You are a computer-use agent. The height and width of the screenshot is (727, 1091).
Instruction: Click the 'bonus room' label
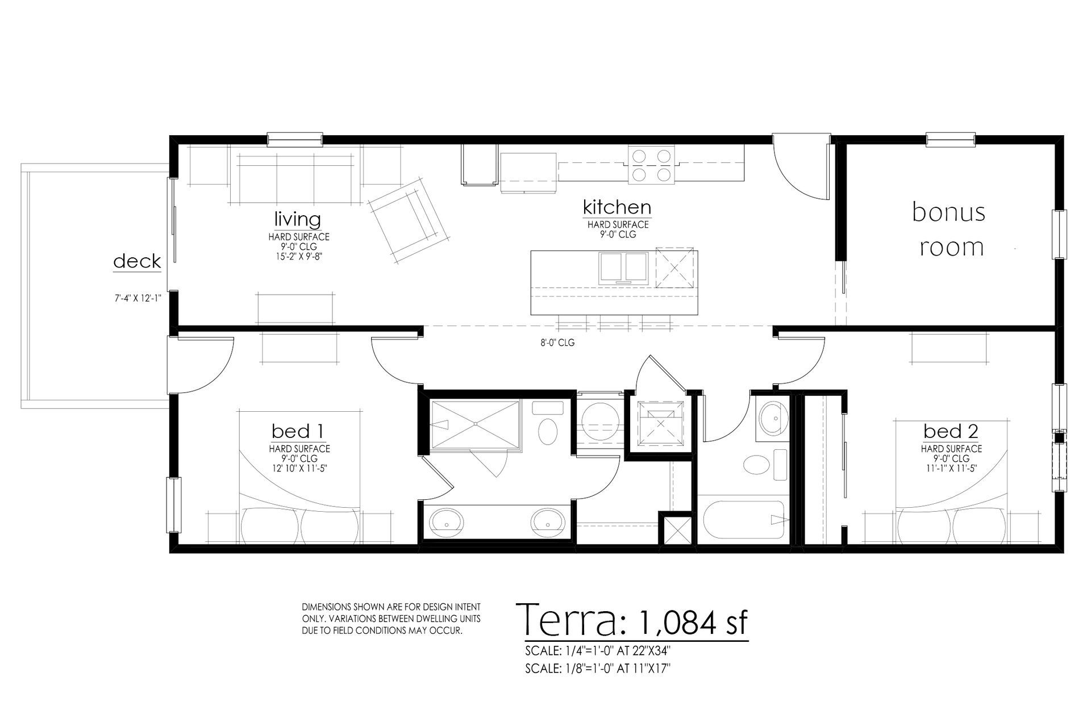click(948, 229)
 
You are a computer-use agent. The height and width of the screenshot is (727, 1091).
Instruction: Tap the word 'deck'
click(137, 261)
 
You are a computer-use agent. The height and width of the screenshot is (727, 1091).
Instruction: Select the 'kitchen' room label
click(617, 207)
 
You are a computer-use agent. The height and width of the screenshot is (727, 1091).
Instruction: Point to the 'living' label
click(298, 219)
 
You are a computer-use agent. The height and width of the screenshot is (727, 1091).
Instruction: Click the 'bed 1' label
click(298, 431)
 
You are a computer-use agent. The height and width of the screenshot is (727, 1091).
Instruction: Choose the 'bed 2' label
click(951, 431)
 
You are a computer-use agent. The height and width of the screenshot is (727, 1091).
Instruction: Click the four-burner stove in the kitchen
click(651, 165)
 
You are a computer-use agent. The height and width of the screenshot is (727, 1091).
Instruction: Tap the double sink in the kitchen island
click(624, 268)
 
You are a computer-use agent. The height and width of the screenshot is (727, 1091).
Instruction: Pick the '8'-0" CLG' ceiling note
click(557, 343)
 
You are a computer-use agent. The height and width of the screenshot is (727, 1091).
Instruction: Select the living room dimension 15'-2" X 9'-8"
click(298, 256)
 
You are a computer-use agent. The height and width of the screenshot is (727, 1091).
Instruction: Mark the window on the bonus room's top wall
click(951, 139)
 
